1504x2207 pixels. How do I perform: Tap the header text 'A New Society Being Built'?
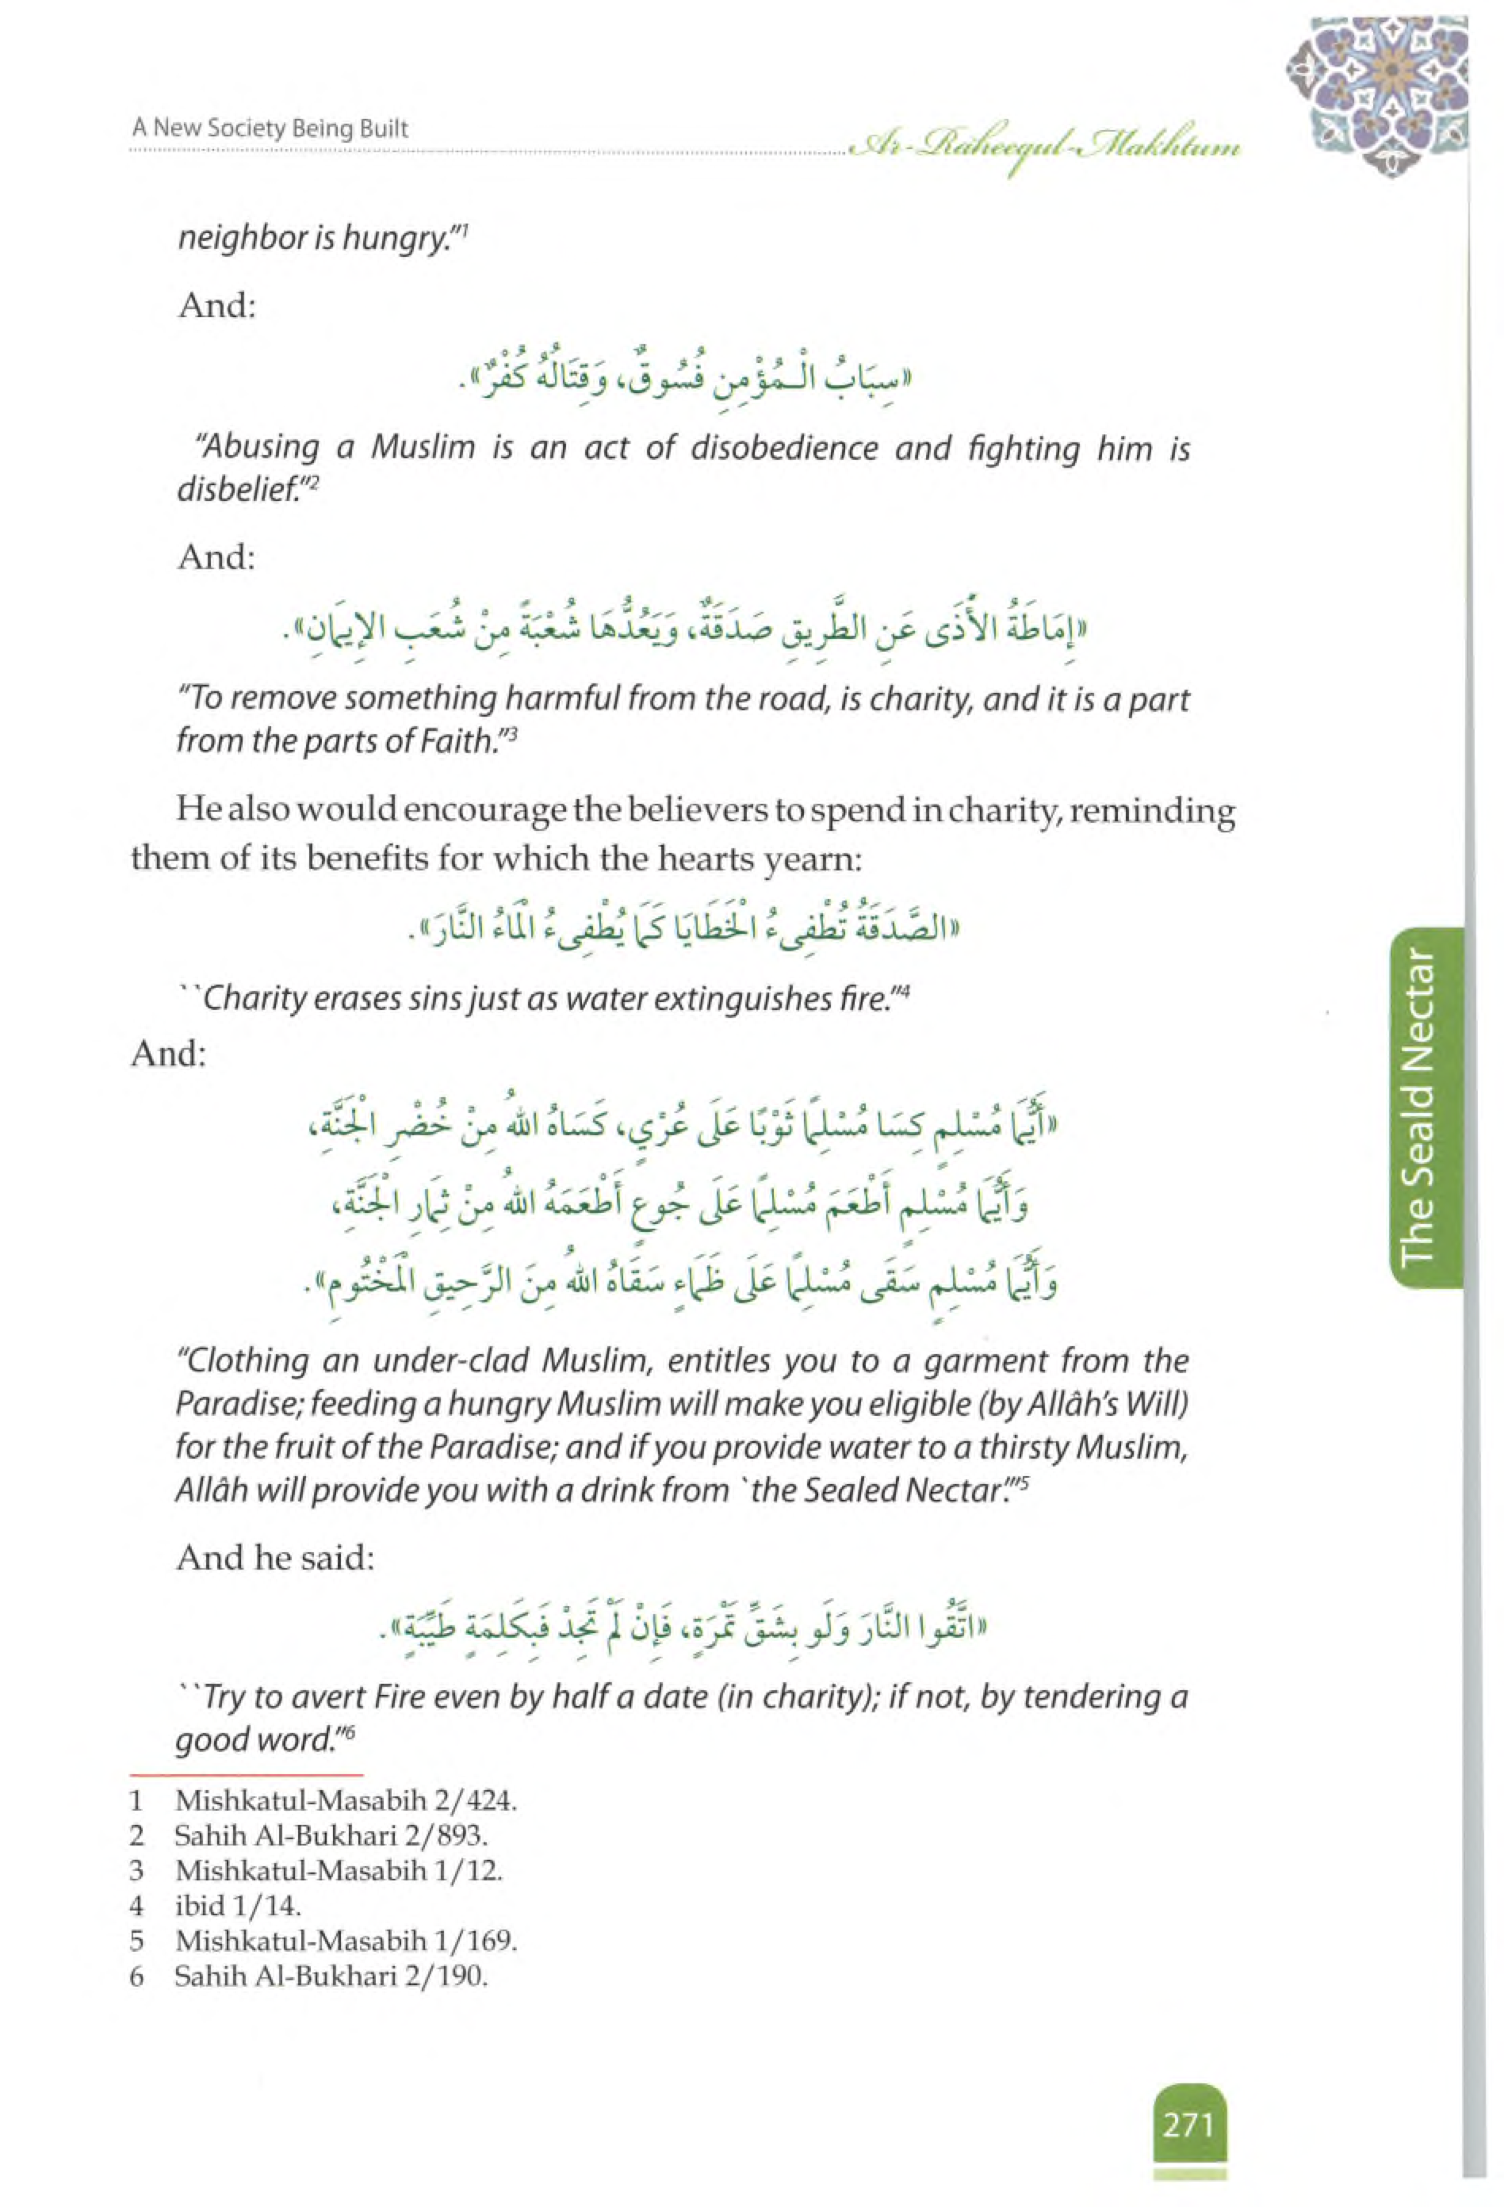(270, 128)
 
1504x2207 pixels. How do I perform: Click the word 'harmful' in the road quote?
(566, 699)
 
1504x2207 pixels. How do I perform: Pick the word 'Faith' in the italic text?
(461, 740)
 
